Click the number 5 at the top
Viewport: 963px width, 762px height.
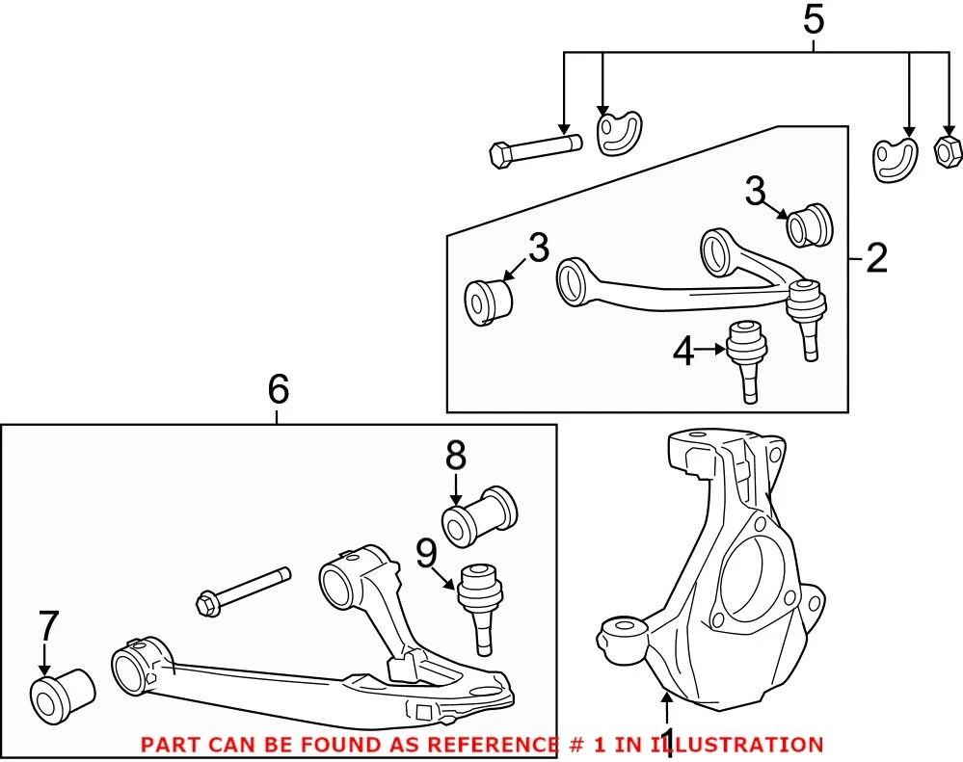(x=815, y=20)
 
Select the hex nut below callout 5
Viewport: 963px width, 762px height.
(x=946, y=150)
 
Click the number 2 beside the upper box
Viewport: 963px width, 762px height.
(x=875, y=258)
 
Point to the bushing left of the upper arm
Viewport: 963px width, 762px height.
(x=489, y=301)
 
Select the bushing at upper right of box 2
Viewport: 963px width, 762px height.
(x=809, y=225)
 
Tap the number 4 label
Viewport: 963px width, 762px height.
(x=683, y=353)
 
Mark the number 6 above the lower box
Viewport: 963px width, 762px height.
(x=277, y=389)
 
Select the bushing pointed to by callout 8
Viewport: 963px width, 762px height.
(x=479, y=515)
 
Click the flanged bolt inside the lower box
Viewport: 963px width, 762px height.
(x=243, y=590)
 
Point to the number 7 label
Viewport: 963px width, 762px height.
(x=47, y=627)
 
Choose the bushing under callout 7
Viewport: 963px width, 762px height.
(x=62, y=692)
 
